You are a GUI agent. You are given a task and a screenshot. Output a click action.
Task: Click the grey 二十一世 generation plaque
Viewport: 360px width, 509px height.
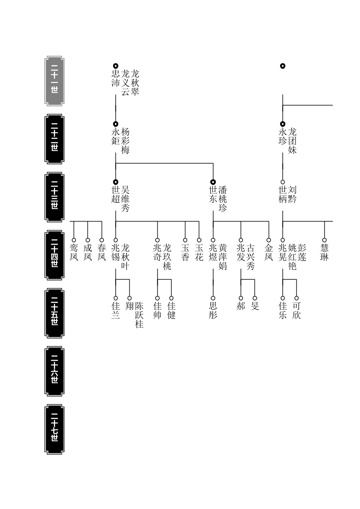[54, 81]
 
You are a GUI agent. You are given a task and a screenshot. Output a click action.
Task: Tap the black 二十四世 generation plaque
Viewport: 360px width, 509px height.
[54, 255]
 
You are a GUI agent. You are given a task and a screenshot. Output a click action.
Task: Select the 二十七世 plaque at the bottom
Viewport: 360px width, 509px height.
[54, 429]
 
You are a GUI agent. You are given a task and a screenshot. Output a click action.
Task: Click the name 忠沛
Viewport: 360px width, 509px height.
[116, 78]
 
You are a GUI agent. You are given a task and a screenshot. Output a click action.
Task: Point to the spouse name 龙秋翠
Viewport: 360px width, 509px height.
[135, 83]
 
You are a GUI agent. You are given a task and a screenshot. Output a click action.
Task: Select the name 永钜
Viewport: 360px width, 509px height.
[116, 136]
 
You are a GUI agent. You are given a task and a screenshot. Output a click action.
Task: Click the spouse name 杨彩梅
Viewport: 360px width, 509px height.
[125, 141]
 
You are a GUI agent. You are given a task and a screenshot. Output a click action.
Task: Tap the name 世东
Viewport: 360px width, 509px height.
[213, 194]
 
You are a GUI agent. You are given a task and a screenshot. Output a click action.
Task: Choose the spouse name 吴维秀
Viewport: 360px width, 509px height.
[125, 199]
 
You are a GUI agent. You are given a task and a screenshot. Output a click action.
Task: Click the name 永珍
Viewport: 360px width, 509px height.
[283, 136]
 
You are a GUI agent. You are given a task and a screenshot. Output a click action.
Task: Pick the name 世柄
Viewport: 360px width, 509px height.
[283, 194]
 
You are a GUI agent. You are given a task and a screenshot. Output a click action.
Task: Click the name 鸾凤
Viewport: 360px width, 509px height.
[74, 253]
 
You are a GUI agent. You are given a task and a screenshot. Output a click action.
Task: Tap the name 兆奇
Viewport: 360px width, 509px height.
[157, 253]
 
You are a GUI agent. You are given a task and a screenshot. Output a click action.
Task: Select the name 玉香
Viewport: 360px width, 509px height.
[185, 253]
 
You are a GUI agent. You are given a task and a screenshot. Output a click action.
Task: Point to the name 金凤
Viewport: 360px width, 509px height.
[269, 253]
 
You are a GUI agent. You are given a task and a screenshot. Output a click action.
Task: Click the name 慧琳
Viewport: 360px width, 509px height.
[324, 253]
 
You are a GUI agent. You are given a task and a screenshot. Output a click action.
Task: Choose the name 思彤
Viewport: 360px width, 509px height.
[213, 310]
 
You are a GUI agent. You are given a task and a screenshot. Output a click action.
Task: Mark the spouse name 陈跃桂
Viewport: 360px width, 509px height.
[139, 315]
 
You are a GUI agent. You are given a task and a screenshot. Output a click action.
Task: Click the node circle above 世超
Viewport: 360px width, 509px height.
[116, 182]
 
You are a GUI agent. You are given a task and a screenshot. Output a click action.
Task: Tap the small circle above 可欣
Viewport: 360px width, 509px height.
[297, 298]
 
